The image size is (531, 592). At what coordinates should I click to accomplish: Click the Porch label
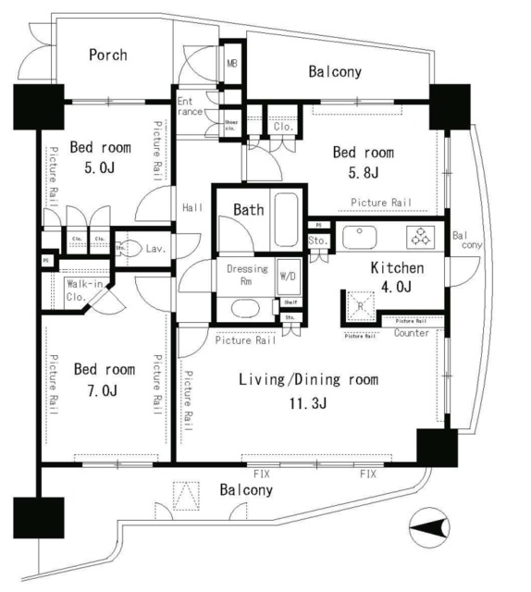coord(107,55)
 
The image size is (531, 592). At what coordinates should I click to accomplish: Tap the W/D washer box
coord(288,276)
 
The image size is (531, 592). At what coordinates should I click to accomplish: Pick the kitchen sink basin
coord(359,237)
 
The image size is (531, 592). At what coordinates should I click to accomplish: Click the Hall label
coord(192,207)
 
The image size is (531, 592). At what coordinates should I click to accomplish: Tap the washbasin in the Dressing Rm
coord(245,308)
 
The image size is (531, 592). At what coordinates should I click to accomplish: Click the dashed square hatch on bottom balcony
coord(186,496)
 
